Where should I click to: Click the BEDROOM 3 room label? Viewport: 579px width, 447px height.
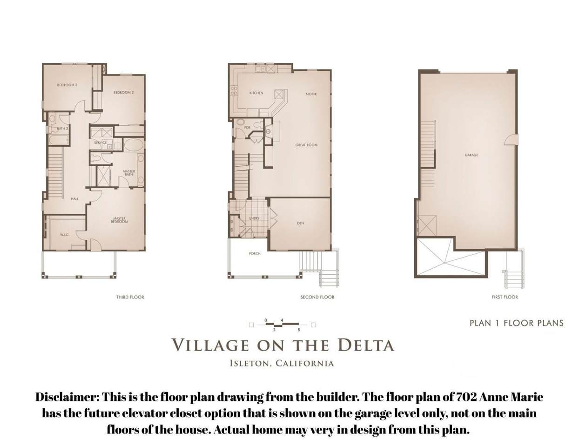[67, 85]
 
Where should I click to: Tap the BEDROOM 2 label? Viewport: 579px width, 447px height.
[124, 93]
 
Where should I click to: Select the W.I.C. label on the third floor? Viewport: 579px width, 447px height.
[65, 235]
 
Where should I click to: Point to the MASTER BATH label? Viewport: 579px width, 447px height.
[129, 173]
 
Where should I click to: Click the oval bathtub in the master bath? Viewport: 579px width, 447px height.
[134, 145]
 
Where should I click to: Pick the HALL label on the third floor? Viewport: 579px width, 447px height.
[74, 199]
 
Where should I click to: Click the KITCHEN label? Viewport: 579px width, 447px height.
[256, 93]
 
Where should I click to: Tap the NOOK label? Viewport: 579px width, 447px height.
[311, 94]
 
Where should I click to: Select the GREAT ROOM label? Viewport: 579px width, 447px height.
[306, 145]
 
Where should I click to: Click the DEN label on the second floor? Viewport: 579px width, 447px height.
[300, 223]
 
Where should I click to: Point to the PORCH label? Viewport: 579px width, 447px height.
[255, 253]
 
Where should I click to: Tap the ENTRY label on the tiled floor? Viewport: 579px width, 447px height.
[254, 218]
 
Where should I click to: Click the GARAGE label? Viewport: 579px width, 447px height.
[471, 155]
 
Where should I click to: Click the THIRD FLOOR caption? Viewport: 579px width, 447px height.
[130, 297]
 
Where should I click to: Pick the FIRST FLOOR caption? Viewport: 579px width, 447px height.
[505, 297]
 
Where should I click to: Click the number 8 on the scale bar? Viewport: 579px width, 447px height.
[299, 330]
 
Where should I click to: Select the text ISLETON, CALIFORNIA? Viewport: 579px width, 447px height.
[282, 364]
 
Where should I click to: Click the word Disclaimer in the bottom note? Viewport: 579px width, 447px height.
[67, 398]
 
